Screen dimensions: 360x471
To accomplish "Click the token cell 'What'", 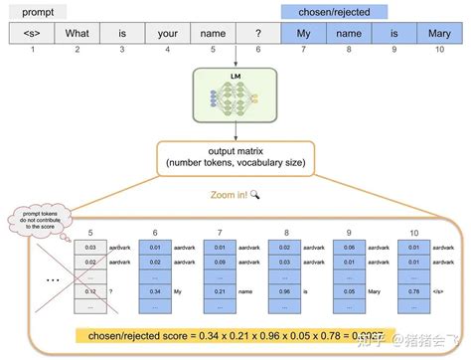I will (x=77, y=33).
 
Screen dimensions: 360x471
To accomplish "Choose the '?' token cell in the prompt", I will (x=257, y=33).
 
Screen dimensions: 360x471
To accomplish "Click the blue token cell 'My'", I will (x=303, y=33).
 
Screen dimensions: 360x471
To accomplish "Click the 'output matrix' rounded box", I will (x=235, y=157).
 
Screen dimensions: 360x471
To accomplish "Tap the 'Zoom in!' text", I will (x=227, y=195).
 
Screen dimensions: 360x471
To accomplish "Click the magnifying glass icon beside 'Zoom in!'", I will (x=255, y=195).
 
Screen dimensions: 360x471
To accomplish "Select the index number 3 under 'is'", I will (x=121, y=49).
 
